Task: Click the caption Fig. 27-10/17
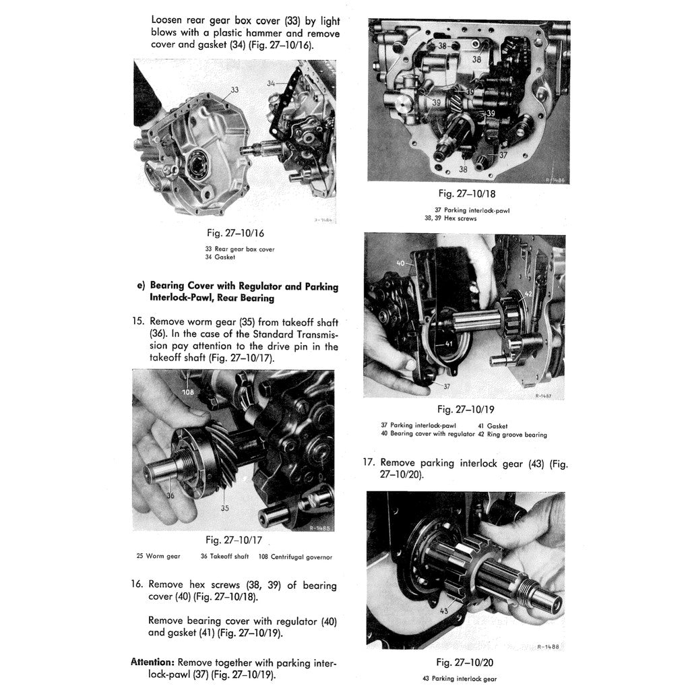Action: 234,540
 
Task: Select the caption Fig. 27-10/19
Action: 466,409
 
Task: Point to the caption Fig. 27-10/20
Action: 466,662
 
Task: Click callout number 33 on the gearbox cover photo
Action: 234,90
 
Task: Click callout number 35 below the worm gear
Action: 225,507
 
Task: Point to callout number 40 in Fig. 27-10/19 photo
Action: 401,263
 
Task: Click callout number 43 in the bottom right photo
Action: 444,610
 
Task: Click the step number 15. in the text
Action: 139,322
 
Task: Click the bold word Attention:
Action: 152,662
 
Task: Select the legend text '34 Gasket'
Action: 220,257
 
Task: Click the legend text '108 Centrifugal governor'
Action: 290,557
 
